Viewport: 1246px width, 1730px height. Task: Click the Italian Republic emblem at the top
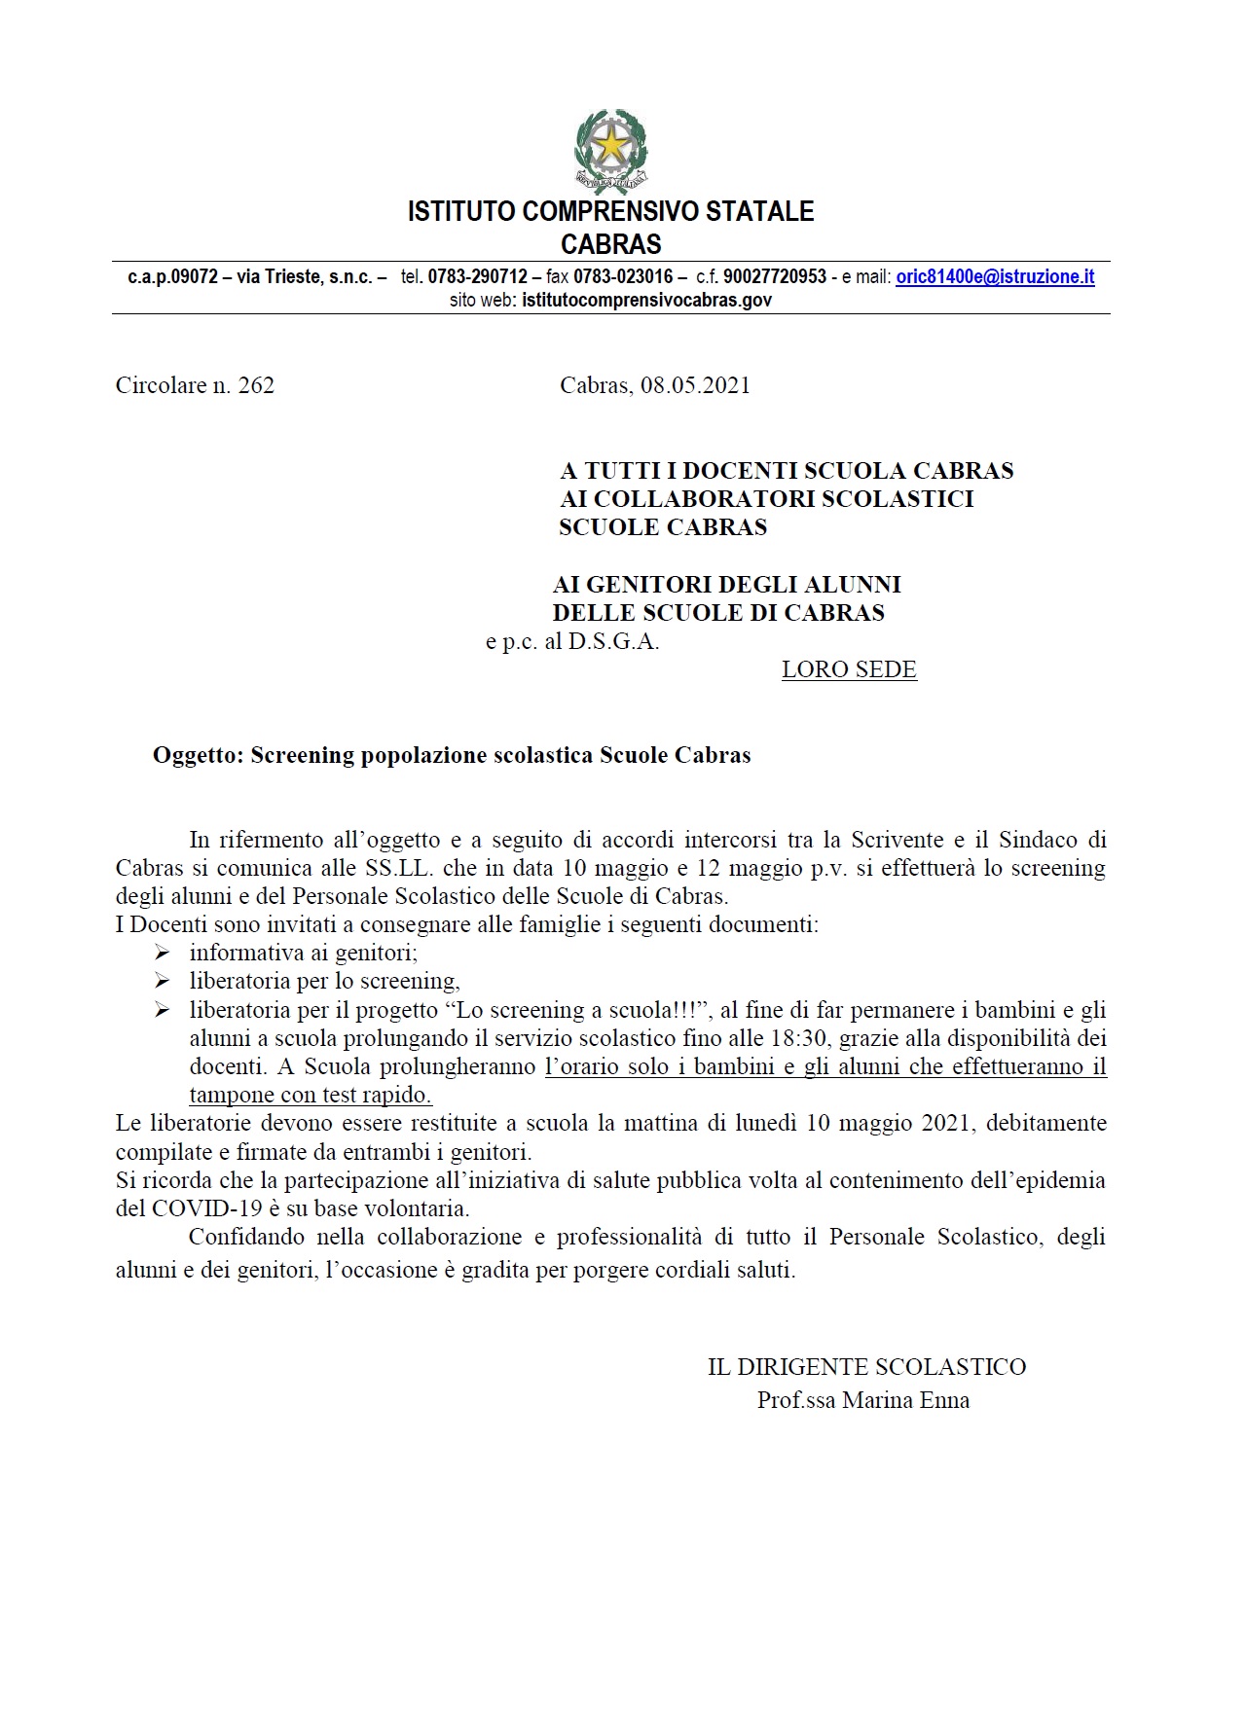click(610, 152)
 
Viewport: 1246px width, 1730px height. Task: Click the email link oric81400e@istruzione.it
click(995, 277)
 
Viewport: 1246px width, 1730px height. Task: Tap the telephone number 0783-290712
click(477, 277)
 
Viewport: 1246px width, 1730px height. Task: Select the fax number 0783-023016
click(623, 277)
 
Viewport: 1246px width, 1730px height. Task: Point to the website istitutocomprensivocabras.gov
click(646, 301)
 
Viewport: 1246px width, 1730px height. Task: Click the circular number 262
click(256, 386)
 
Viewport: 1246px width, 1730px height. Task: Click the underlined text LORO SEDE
click(849, 670)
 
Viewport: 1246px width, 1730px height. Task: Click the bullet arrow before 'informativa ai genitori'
click(162, 954)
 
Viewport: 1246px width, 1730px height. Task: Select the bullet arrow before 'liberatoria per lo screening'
click(162, 982)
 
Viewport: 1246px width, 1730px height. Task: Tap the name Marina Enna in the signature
click(905, 1401)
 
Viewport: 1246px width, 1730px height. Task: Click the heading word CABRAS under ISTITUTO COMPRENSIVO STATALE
click(610, 244)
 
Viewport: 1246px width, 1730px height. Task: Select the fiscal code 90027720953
click(775, 277)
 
